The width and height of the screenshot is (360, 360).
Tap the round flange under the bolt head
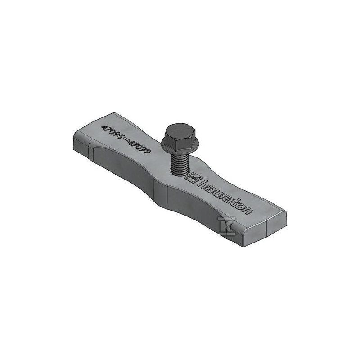180,147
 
